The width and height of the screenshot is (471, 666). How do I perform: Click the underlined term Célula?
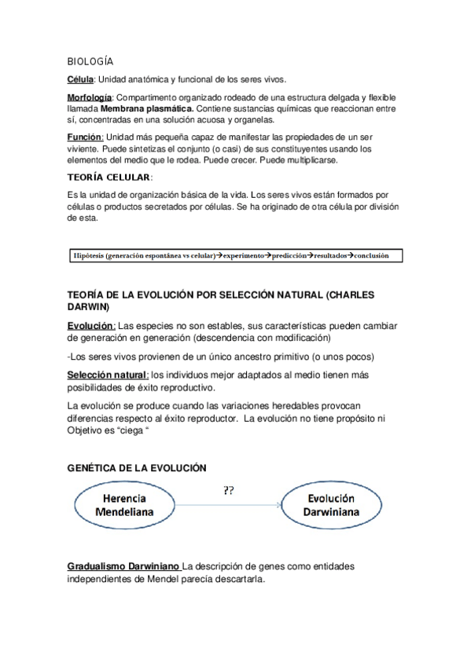click(81, 79)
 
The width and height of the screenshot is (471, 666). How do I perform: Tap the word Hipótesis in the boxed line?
click(88, 256)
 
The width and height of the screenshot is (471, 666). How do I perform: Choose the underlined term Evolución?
click(91, 326)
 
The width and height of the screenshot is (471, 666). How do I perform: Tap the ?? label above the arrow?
click(229, 491)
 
